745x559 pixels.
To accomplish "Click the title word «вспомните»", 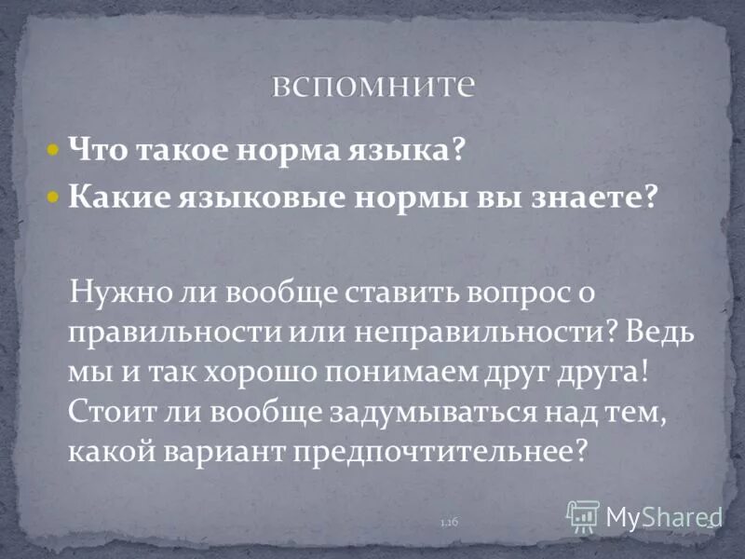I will click(373, 86).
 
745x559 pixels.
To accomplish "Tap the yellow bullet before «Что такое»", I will click(54, 149).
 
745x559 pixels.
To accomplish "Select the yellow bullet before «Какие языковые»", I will click(54, 198).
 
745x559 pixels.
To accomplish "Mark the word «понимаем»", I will click(388, 373).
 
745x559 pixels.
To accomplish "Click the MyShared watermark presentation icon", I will click(583, 514).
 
